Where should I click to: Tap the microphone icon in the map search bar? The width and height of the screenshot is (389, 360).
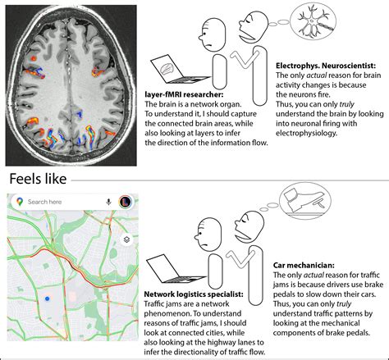click(108, 202)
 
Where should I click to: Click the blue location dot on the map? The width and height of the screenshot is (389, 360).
click(48, 299)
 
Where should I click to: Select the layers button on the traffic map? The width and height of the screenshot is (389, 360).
click(126, 240)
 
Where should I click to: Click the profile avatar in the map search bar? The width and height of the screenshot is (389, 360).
click(126, 202)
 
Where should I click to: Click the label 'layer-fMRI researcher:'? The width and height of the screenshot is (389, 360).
click(181, 94)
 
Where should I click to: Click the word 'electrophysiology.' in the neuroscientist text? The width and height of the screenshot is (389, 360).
click(316, 128)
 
